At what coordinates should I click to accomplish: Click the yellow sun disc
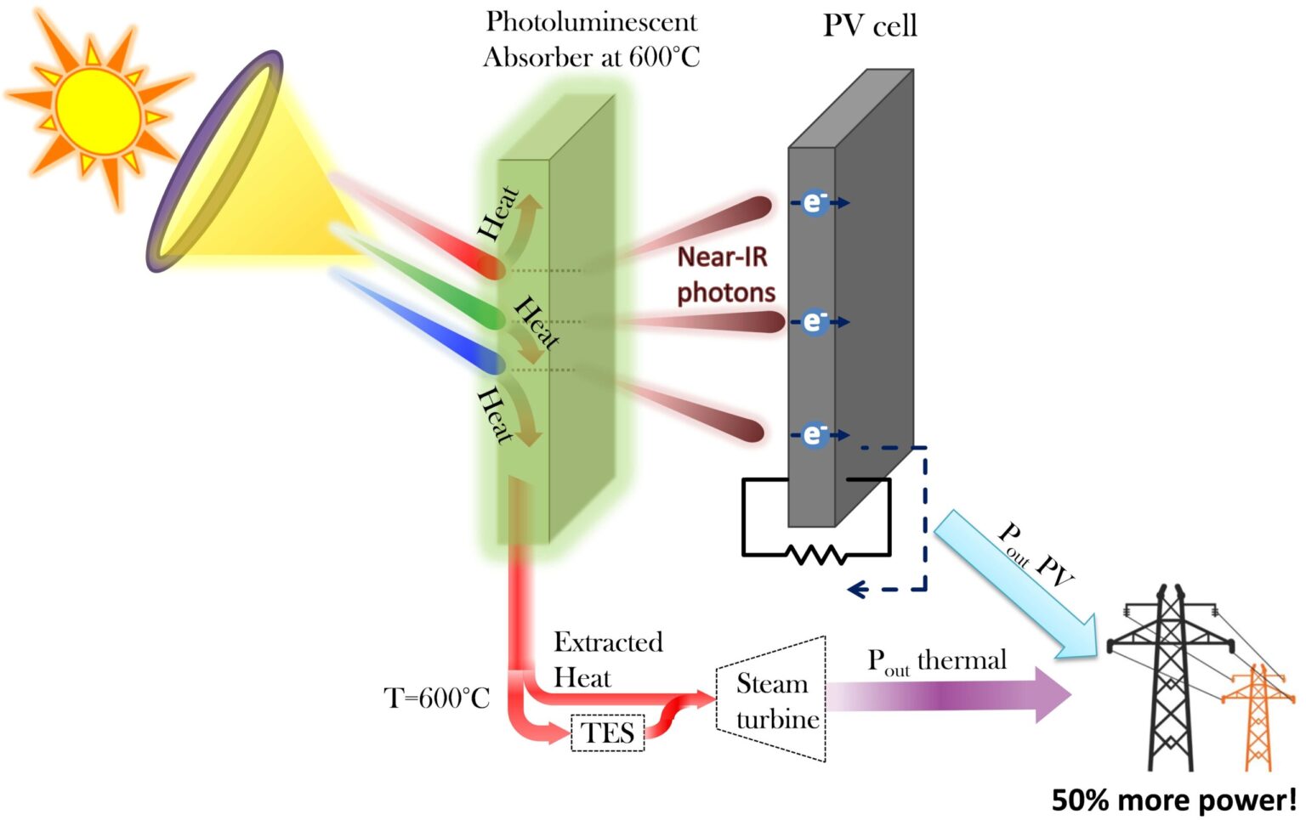99,110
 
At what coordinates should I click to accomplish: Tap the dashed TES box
607,732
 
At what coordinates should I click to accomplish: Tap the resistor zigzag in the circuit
815,556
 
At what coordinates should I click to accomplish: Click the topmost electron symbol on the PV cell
814,202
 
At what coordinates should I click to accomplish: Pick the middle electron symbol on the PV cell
814,322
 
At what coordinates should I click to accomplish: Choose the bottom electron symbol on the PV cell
814,435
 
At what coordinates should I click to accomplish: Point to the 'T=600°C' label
437,698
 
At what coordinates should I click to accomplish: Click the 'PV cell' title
870,25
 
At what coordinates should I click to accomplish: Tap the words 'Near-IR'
722,257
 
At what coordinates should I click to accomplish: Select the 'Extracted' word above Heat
608,642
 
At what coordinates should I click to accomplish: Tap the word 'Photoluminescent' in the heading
591,21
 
